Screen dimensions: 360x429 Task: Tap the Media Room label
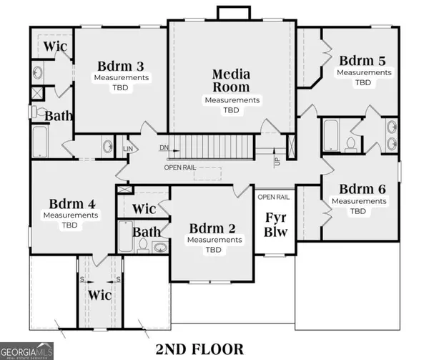point(231,80)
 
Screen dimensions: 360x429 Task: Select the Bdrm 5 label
point(363,61)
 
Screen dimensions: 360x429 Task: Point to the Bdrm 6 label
point(363,190)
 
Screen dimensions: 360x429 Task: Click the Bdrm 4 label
point(70,203)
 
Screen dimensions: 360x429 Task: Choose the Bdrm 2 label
point(212,229)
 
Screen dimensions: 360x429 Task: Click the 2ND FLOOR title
point(199,349)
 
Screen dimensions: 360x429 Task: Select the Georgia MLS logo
point(27,351)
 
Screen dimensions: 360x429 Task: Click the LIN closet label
point(129,149)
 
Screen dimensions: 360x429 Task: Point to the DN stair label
point(164,148)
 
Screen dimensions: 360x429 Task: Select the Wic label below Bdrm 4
point(99,295)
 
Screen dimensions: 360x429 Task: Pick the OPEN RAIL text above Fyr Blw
point(273,197)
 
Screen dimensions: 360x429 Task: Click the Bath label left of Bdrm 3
point(59,115)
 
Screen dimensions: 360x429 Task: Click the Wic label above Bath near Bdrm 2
point(145,209)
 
